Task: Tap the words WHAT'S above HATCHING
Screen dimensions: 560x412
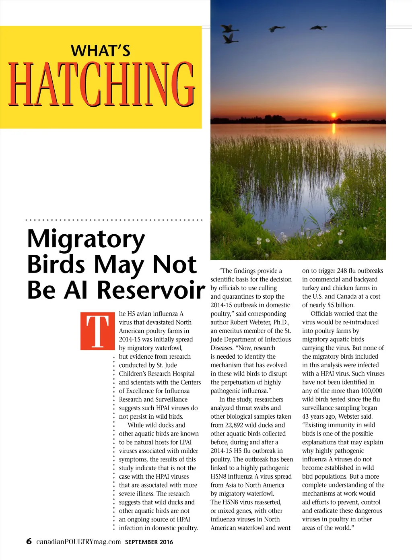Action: click(x=101, y=51)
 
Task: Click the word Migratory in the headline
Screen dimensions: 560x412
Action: click(x=86, y=239)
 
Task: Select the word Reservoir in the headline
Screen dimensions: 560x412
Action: click(x=151, y=290)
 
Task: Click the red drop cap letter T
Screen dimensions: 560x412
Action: click(x=98, y=331)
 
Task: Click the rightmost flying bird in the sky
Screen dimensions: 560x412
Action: click(x=319, y=27)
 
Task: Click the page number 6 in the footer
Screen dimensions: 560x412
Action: click(x=29, y=541)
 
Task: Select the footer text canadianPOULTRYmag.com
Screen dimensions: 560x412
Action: click(x=78, y=541)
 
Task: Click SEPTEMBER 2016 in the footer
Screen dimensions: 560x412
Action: click(x=149, y=542)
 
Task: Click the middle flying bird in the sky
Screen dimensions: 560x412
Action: click(x=277, y=29)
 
